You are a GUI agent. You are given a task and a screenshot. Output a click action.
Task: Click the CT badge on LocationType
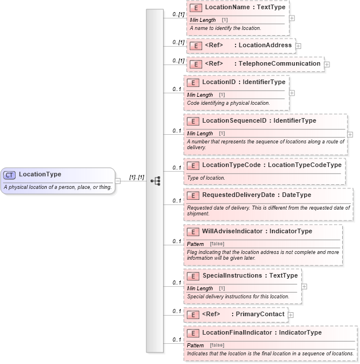pos(10,175)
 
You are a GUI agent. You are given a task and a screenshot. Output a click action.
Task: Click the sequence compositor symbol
pos(155,180)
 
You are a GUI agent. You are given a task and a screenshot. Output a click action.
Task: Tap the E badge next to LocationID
pos(192,82)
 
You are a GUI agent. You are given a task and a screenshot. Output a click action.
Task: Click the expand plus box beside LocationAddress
pos(298,45)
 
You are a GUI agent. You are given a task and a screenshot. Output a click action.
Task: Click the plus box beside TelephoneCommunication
pos(327,65)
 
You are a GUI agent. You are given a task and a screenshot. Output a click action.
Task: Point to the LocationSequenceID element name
pos(234,121)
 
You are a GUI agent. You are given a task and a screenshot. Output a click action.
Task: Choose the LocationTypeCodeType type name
pos(305,165)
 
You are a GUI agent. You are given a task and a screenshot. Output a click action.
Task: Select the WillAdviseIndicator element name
pos(232,232)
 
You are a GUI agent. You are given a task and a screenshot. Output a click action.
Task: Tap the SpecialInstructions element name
pos(233,276)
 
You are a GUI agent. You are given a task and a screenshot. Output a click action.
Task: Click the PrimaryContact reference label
pos(259,314)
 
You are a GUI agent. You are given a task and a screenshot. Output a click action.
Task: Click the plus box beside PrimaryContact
pos(291,315)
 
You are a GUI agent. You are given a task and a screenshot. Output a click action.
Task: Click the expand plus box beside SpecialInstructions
pos(304,286)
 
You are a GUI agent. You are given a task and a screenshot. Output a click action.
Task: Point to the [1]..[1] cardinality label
pos(137,177)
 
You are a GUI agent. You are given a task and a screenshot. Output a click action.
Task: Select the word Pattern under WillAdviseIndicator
pos(195,244)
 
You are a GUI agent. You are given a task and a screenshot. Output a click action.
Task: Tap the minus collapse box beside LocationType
pos(118,180)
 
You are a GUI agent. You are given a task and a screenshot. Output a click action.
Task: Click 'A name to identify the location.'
pos(225,28)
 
